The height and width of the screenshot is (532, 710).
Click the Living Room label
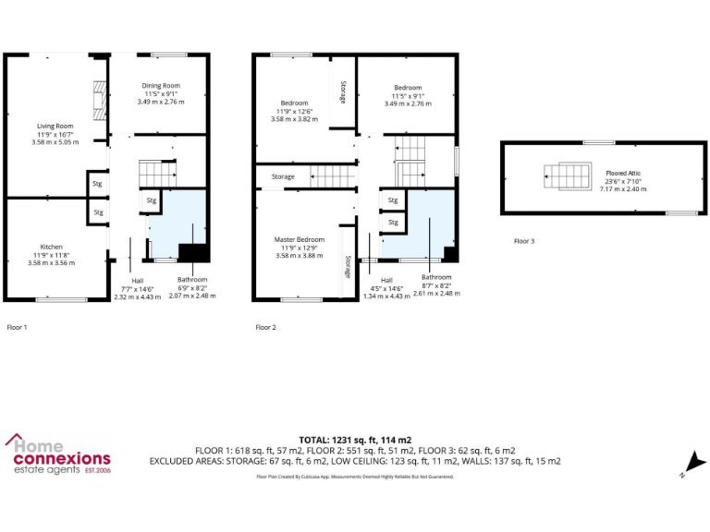coord(55,126)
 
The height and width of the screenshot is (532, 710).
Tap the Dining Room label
coord(161,86)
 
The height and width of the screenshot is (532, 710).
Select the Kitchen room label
coord(51,247)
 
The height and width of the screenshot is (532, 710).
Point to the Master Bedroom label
coord(299,239)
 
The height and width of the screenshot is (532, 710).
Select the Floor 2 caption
coord(265,327)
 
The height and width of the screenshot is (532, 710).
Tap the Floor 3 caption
coord(524,241)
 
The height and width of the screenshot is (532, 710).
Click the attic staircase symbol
coord(562,176)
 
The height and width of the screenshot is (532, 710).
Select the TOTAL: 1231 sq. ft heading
coord(355,439)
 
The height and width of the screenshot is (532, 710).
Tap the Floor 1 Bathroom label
coord(192,279)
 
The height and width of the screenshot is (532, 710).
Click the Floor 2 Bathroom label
coord(437,277)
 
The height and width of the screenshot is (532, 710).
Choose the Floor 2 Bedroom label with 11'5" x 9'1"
coord(408,88)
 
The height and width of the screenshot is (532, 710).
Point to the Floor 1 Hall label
coord(137,280)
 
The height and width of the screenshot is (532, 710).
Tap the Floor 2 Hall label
coord(386,280)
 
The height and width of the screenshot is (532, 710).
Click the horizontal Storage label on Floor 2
coord(283,176)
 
